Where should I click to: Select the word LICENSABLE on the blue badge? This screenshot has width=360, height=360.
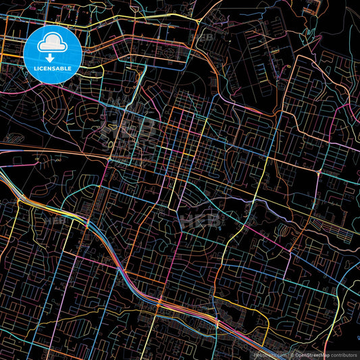coord(53,69)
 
